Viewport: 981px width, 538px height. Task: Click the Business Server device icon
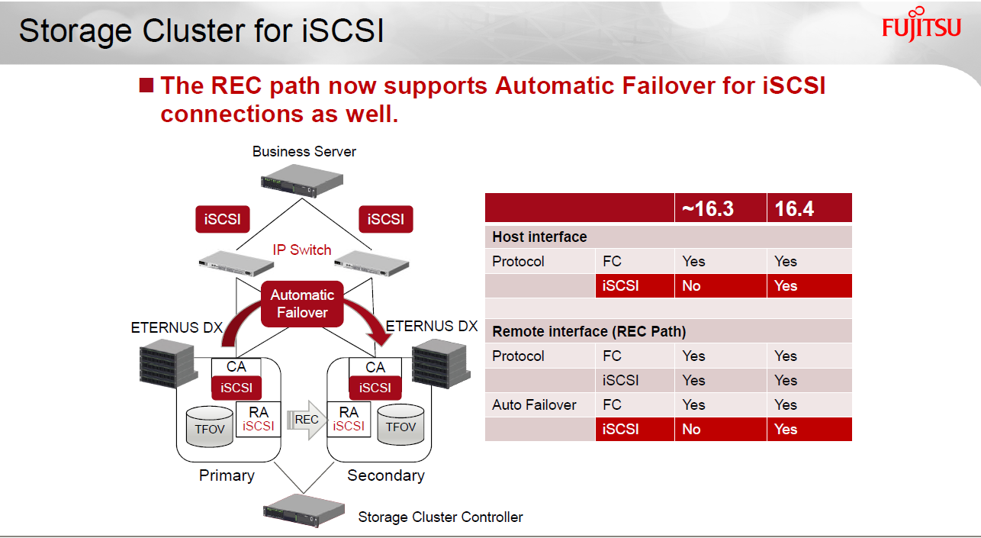pyautogui.click(x=302, y=180)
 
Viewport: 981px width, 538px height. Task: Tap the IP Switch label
pyautogui.click(x=302, y=250)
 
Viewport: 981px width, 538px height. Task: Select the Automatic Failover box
pyautogui.click(x=302, y=304)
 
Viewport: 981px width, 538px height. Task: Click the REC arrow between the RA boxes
pyautogui.click(x=307, y=419)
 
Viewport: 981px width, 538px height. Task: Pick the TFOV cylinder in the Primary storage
pyautogui.click(x=209, y=427)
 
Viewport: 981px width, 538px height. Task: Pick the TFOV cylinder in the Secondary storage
pyautogui.click(x=400, y=424)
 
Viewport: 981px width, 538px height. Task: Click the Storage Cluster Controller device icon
pyautogui.click(x=304, y=511)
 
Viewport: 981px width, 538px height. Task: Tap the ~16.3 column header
pyautogui.click(x=708, y=208)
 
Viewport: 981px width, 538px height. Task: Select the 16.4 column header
pyautogui.click(x=794, y=208)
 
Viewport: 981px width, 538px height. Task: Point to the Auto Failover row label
pyautogui.click(x=534, y=404)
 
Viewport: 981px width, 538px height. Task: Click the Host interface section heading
pyautogui.click(x=539, y=237)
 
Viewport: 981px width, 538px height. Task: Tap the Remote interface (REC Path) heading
pyautogui.click(x=589, y=331)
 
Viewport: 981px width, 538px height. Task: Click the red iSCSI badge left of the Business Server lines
pyautogui.click(x=223, y=219)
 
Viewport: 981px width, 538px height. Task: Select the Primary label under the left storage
pyautogui.click(x=227, y=475)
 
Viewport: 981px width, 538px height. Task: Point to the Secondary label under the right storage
pyautogui.click(x=386, y=475)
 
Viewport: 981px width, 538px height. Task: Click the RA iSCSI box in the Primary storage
pyautogui.click(x=259, y=419)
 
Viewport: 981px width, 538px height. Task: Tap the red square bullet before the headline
pyautogui.click(x=146, y=85)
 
